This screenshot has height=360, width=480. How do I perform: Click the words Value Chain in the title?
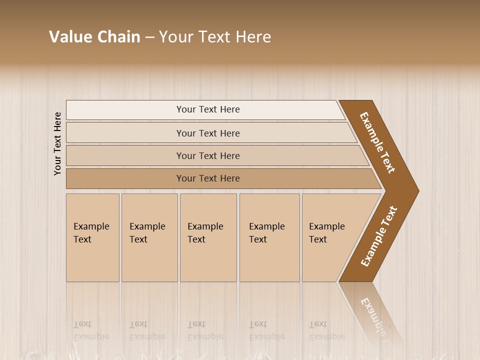pos(94,37)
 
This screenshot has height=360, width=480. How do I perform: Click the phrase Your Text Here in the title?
pos(215,37)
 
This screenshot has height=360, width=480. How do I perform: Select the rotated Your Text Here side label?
pos(57,143)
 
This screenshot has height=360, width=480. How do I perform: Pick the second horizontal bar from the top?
pos(208,133)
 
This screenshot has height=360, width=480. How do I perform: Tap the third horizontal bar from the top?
pos(208,155)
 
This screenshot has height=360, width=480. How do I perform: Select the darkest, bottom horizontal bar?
pos(208,178)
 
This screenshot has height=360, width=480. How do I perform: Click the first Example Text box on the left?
pos(92,237)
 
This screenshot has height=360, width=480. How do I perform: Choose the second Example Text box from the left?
pos(149,237)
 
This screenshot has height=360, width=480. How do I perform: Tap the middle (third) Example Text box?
pos(208,237)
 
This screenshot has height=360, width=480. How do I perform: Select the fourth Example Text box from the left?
pos(269,237)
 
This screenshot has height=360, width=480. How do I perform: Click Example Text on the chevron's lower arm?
pos(379,236)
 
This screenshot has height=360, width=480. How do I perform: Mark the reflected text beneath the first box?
pos(91,330)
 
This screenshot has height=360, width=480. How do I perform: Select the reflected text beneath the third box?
pos(205,330)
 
